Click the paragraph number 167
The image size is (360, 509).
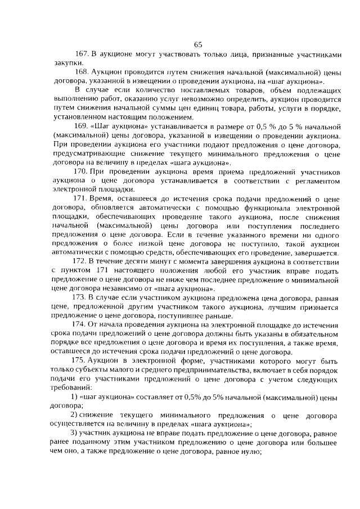[x=82, y=55]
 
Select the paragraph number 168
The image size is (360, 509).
[x=82, y=74]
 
